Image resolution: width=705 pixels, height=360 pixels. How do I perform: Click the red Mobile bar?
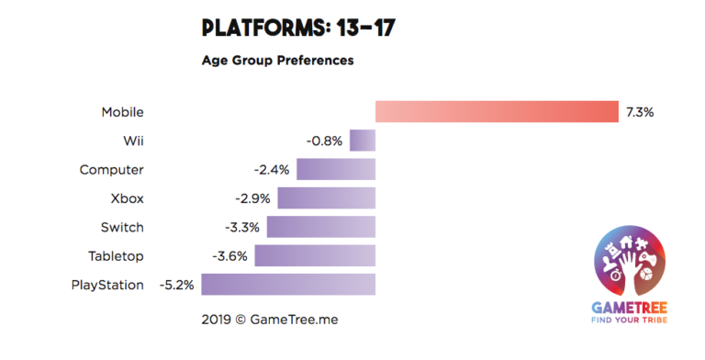click(x=496, y=112)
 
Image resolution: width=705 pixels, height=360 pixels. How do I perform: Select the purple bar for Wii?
click(x=363, y=141)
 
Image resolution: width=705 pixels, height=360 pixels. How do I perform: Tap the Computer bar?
click(x=336, y=170)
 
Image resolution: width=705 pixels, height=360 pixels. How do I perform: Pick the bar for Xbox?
click(x=327, y=198)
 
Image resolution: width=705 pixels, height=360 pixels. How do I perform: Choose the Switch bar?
click(x=321, y=227)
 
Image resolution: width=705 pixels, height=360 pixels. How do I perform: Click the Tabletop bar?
click(x=316, y=255)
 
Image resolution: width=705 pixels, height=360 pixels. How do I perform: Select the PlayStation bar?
click(x=288, y=285)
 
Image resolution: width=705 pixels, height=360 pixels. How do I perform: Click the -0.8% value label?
click(x=324, y=141)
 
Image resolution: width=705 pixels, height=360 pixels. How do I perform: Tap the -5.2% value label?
click(x=176, y=285)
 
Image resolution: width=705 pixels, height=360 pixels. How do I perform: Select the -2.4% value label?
click(x=272, y=170)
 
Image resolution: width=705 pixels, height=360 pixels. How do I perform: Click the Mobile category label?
click(x=122, y=112)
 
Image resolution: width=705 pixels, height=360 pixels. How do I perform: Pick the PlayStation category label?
click(x=107, y=285)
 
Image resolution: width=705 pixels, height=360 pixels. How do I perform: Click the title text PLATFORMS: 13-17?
click(x=297, y=28)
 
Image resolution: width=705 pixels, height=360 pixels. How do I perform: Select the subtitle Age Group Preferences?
click(x=277, y=62)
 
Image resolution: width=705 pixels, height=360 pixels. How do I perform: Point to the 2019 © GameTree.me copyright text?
click(x=263, y=320)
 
